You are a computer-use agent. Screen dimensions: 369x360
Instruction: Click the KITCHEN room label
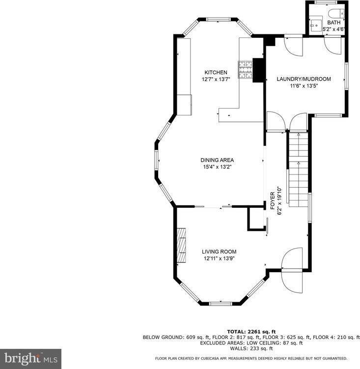point(216,72)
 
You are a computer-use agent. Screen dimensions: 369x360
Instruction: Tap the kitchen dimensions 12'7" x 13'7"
point(216,79)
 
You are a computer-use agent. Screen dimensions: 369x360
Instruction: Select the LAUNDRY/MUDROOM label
point(304,79)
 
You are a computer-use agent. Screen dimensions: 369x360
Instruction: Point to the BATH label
point(334,23)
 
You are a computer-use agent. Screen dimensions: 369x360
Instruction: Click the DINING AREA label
point(217,160)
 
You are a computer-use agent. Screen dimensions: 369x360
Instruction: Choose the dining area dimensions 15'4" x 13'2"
point(217,167)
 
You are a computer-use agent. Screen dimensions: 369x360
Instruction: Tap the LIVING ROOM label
point(219,252)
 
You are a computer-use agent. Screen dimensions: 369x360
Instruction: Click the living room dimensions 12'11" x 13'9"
point(219,258)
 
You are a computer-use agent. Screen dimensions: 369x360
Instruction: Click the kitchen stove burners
point(245,69)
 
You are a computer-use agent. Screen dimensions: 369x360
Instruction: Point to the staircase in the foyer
point(297,170)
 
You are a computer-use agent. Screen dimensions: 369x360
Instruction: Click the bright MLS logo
point(30,359)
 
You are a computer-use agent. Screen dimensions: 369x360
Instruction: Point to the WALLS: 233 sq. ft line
point(251,348)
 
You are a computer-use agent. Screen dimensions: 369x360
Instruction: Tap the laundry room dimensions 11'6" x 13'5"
point(304,85)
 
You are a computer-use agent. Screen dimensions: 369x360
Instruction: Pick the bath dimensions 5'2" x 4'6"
point(334,29)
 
